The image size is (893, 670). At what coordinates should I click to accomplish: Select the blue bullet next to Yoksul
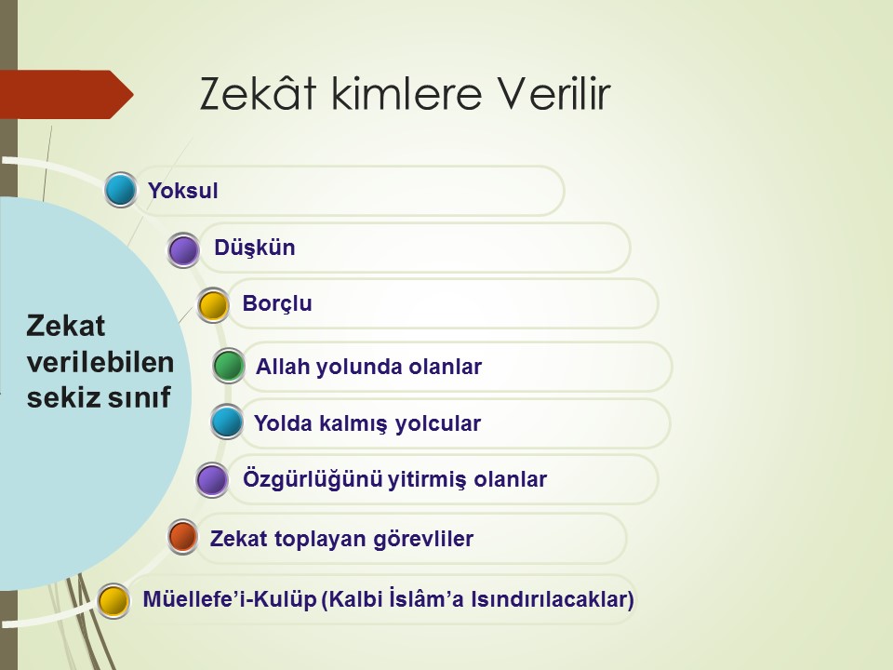point(121,190)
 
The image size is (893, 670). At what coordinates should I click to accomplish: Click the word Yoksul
point(183,190)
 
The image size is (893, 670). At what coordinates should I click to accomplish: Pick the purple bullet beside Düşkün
point(183,250)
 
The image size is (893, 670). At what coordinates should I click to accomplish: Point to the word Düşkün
point(255,248)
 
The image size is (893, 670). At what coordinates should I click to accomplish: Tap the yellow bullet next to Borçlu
point(214,305)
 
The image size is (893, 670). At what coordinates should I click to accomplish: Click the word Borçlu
point(277,303)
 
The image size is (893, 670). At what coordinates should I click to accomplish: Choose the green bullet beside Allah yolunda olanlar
point(229,365)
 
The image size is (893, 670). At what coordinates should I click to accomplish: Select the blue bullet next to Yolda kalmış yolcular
point(227,422)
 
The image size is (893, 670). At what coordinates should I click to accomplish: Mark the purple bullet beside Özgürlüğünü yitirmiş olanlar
point(212,480)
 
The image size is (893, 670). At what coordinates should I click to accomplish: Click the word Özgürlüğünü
point(313,479)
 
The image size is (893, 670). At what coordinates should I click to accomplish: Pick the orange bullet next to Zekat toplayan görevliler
point(183,537)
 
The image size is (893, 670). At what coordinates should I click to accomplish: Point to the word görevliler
point(423,539)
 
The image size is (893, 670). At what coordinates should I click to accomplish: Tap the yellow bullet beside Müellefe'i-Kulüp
point(113,600)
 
